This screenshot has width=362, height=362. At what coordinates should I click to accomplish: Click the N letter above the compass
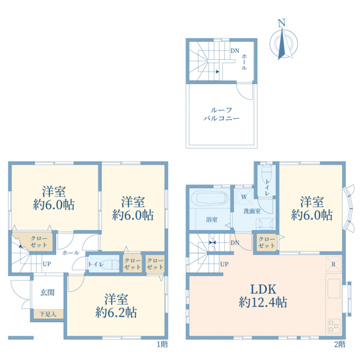(281, 23)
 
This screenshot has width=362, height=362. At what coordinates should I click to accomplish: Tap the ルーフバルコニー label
(221, 114)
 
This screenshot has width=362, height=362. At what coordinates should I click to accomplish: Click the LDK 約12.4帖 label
(263, 296)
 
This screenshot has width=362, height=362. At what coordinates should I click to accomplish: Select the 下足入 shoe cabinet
(48, 314)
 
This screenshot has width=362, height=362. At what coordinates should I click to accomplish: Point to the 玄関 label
(47, 292)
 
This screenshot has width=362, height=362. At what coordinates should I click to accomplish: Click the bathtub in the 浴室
(212, 198)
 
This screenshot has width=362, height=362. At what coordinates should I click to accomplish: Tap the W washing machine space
(244, 197)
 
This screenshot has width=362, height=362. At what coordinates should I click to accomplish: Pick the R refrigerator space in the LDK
(334, 264)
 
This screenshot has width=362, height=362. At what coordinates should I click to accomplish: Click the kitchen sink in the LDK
(334, 289)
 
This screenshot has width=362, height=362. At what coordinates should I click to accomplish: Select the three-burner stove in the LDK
(334, 326)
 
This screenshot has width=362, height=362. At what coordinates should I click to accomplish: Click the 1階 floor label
(162, 345)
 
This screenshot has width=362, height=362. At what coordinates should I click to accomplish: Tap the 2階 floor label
(340, 345)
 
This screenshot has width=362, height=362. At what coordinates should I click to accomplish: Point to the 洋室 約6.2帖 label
(116, 306)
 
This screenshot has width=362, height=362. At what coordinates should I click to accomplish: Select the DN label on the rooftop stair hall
(235, 51)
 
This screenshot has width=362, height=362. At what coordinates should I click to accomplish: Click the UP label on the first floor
(46, 264)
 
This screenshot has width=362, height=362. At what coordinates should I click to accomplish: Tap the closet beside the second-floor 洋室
(267, 242)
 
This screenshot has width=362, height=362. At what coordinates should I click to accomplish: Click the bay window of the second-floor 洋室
(348, 208)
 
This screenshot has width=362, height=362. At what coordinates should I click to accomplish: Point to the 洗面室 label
(252, 211)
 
